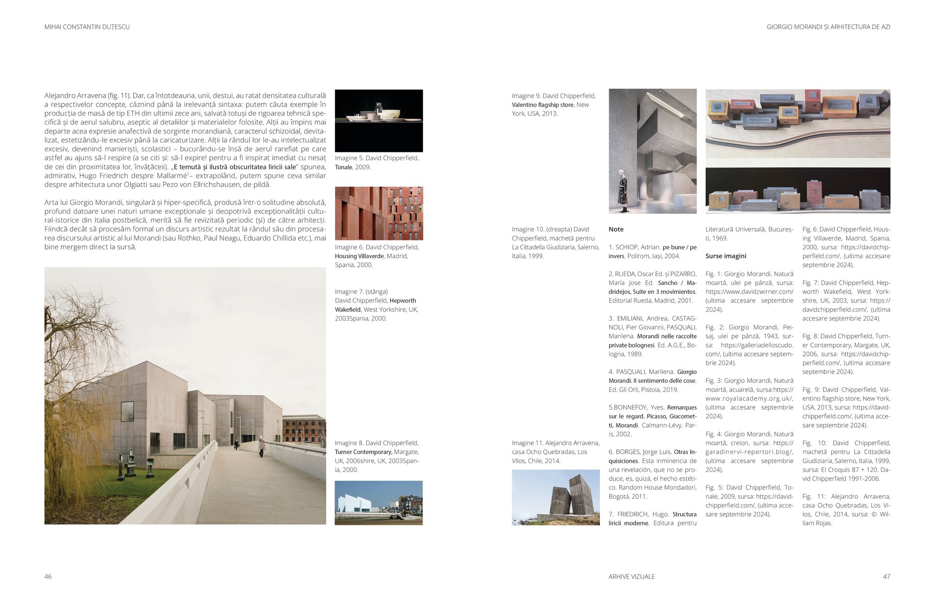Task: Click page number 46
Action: tap(48, 577)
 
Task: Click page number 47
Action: tap(886, 577)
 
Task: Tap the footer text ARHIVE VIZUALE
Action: tap(631, 577)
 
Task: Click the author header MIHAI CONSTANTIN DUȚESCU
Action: tap(87, 27)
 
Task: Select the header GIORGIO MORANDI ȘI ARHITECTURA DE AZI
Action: tap(828, 27)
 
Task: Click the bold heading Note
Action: tap(616, 229)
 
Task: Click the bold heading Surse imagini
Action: tap(726, 256)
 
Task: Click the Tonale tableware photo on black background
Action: tap(378, 120)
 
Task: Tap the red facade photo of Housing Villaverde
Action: tap(378, 213)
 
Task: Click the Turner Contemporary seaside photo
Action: tap(378, 503)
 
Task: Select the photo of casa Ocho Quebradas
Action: tap(556, 497)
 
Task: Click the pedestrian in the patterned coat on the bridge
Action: tap(262, 446)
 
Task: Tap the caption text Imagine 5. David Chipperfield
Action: tap(376, 158)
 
